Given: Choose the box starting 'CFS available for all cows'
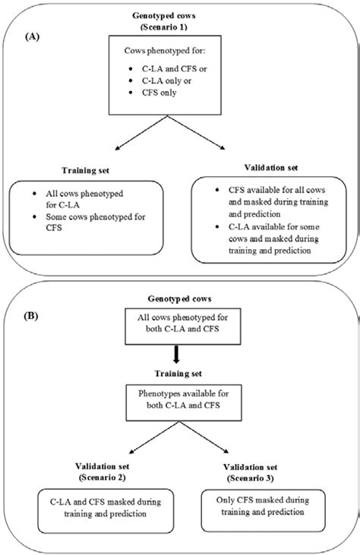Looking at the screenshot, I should (x=271, y=220).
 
